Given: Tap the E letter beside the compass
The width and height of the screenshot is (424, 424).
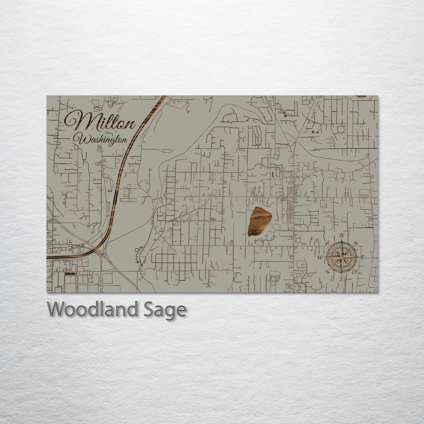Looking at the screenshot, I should [362, 257].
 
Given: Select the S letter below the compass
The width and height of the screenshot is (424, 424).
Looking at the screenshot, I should [342, 278].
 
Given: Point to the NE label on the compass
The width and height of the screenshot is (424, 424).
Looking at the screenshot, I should [356, 243].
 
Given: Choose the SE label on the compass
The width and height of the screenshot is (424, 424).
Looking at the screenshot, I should [356, 271].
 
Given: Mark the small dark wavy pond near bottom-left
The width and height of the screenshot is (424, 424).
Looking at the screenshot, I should [70, 273].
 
